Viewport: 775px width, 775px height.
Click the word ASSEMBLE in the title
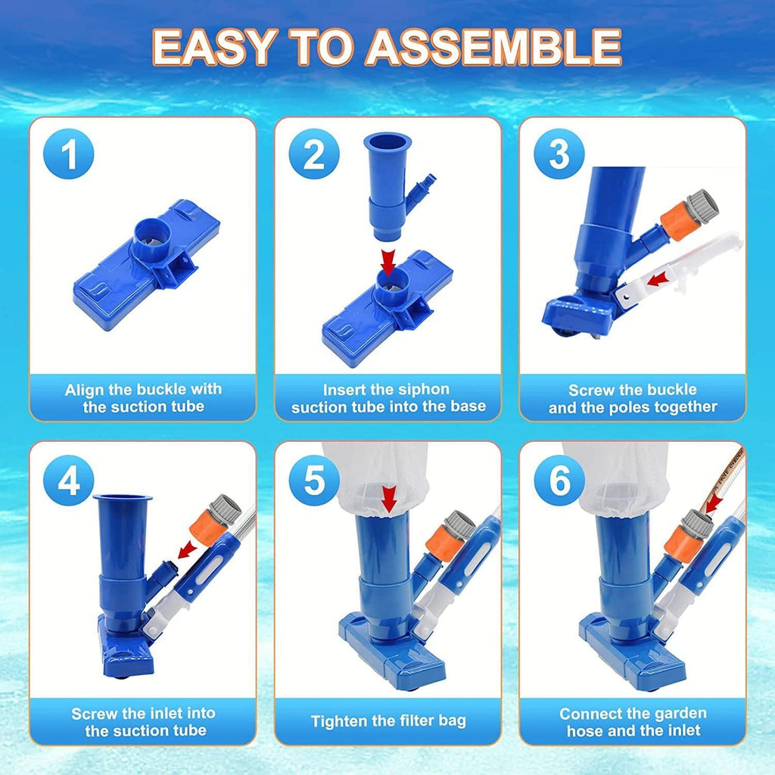click(x=493, y=47)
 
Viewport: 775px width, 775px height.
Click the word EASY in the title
click(x=213, y=47)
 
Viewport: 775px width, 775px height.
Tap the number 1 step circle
click(x=69, y=154)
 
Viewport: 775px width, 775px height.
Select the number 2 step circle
click(x=314, y=154)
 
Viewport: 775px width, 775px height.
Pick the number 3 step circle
click(x=559, y=154)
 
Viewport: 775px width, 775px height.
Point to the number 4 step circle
click(x=69, y=480)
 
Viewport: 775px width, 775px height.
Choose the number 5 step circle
click(x=314, y=480)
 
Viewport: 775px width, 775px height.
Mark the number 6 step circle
click(x=559, y=480)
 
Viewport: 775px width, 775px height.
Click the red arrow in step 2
click(x=388, y=263)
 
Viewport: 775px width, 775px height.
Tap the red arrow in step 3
click(x=658, y=280)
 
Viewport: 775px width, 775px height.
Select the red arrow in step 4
click(x=186, y=549)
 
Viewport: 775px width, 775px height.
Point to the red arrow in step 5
click(x=389, y=500)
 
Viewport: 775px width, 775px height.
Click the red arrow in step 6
click(x=714, y=504)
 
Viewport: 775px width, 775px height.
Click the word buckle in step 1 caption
click(x=161, y=390)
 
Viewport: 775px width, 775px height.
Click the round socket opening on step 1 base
click(x=151, y=235)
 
